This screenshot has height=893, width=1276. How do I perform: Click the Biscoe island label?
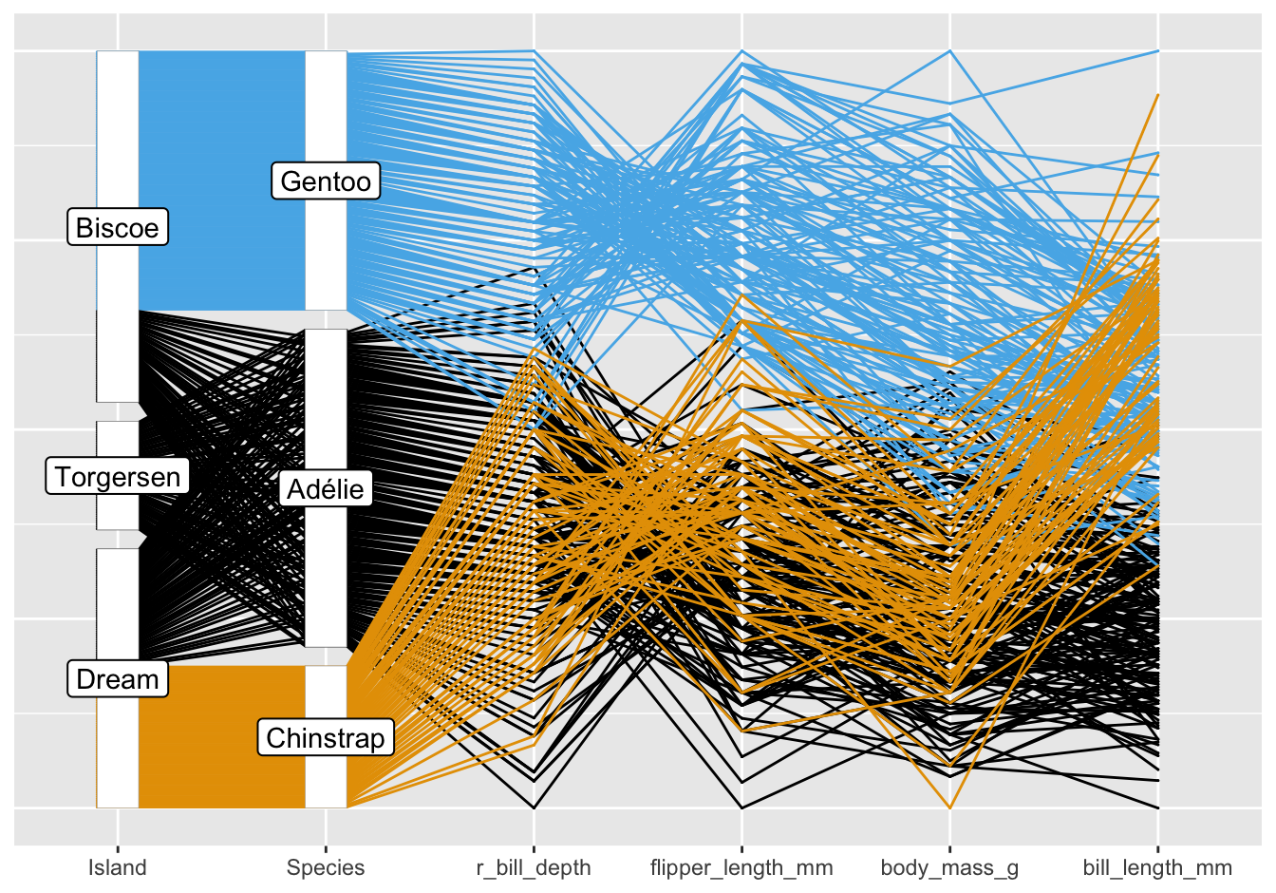coord(118,228)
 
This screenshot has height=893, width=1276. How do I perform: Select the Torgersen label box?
coord(118,476)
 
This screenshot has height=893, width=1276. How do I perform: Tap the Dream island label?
coord(118,679)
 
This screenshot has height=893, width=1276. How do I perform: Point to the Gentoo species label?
coord(326,180)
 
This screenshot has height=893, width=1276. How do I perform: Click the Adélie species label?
coord(326,489)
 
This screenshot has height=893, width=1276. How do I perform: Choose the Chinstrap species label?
coord(326,738)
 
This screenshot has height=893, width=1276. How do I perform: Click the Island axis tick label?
coord(118,867)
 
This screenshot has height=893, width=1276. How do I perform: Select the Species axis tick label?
coord(326,867)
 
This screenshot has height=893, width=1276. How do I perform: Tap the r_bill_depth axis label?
coord(534,867)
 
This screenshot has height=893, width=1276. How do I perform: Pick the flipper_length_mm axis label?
coord(741,867)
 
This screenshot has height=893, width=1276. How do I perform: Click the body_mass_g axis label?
coord(949,867)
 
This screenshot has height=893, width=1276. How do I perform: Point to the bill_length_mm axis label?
coord(1157,867)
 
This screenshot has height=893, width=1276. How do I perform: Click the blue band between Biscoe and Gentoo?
coord(221,180)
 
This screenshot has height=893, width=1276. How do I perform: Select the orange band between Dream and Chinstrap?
coord(221,736)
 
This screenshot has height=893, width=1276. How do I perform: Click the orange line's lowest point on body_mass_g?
coord(949,807)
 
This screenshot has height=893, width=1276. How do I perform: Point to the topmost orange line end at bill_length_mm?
coord(1157,94)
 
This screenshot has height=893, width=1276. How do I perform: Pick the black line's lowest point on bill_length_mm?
coord(1157,807)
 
